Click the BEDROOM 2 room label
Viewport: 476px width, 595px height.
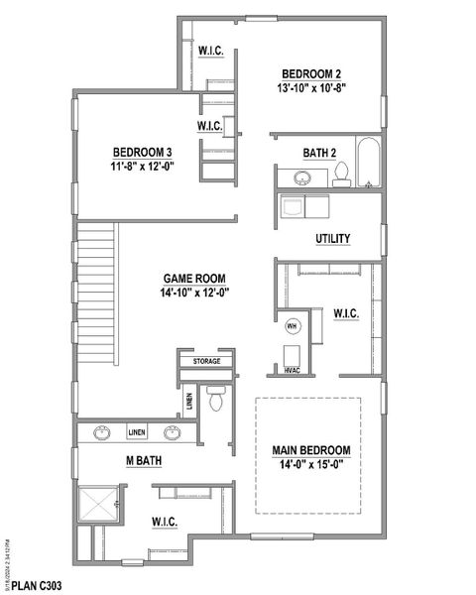click(311, 73)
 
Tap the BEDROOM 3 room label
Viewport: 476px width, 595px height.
click(143, 152)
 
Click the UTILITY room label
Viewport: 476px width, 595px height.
click(331, 239)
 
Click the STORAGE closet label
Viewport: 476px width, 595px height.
click(206, 361)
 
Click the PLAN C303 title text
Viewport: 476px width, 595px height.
click(38, 586)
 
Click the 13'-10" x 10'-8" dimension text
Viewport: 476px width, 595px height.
click(311, 87)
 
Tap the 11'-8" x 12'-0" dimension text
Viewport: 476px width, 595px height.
click(143, 166)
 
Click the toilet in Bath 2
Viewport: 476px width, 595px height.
click(341, 175)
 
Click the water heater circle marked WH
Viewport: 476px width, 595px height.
click(293, 325)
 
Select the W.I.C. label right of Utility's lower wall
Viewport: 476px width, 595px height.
click(346, 313)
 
